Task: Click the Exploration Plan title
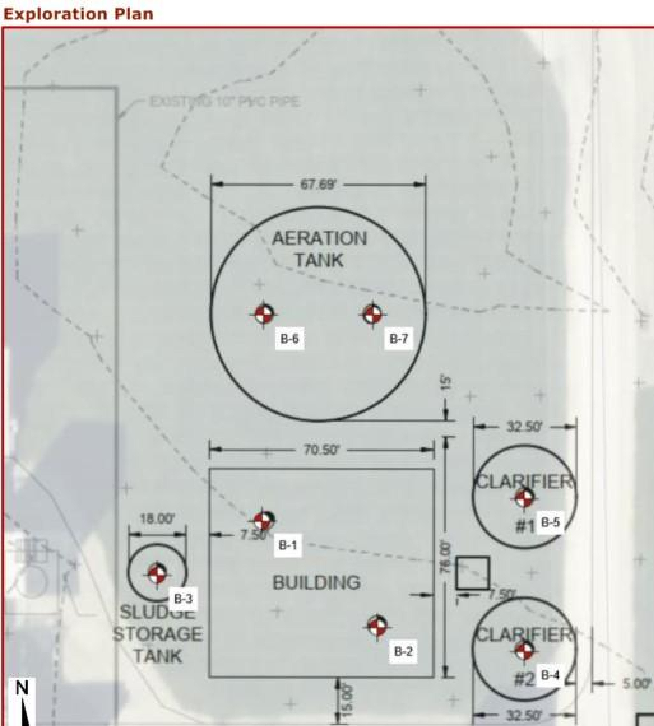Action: point(78,14)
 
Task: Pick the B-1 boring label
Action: point(287,545)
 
